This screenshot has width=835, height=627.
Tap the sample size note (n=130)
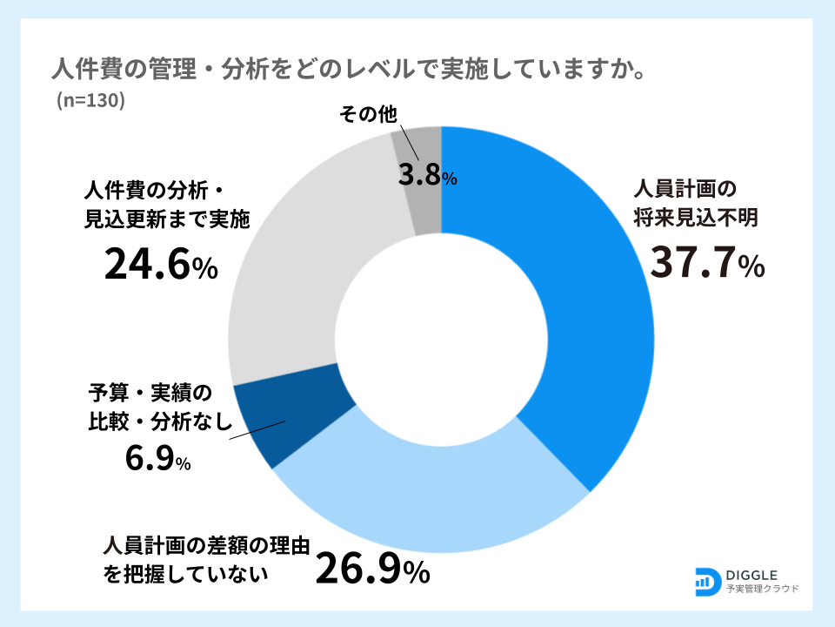click(91, 100)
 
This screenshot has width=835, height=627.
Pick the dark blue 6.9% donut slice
click(291, 418)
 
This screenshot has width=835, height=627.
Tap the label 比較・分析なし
click(162, 422)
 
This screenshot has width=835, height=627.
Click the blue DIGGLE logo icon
click(707, 581)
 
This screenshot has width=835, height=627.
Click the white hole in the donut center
click(441, 340)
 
